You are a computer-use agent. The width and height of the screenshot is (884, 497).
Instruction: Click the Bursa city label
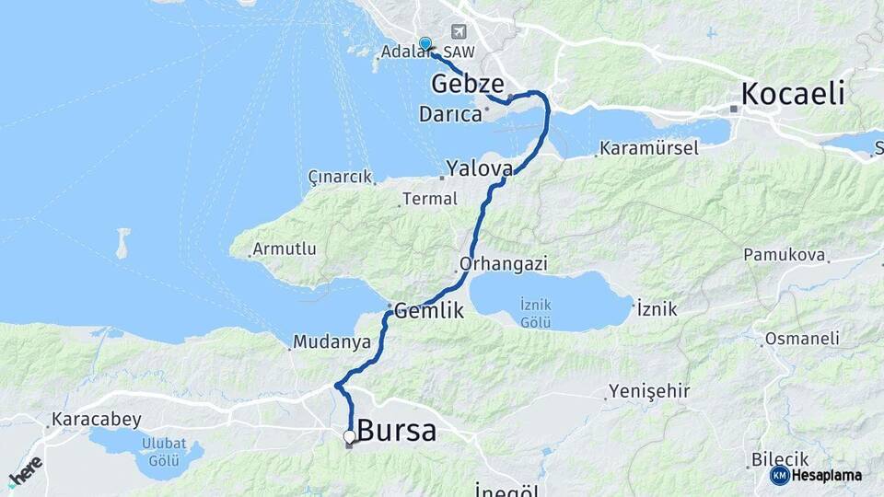point(396,431)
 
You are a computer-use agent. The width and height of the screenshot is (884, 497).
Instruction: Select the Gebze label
point(467,82)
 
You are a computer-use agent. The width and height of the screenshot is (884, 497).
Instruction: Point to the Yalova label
point(479,168)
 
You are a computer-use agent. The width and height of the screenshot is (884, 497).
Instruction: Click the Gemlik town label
point(429,312)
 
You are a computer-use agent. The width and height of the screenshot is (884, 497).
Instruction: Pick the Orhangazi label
point(504,264)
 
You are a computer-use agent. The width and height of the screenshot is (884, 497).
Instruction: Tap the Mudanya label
point(331,342)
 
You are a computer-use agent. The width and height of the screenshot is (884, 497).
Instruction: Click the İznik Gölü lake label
point(535,312)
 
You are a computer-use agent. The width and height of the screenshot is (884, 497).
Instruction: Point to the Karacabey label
point(97,420)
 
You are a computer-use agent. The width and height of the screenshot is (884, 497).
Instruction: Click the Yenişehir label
point(649,392)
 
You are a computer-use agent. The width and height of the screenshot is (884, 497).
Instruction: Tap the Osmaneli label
point(801,340)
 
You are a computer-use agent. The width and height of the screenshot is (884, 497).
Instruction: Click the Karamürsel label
point(649,148)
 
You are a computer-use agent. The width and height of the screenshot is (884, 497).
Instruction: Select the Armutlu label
point(285,249)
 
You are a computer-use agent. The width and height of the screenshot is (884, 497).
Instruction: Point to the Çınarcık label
point(341,177)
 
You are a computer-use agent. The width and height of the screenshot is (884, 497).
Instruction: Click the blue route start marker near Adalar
point(425,43)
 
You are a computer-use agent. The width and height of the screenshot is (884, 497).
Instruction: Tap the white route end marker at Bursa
point(349,436)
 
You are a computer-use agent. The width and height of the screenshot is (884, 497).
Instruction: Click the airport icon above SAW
point(459,32)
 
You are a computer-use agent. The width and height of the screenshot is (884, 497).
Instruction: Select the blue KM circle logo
point(779,475)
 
